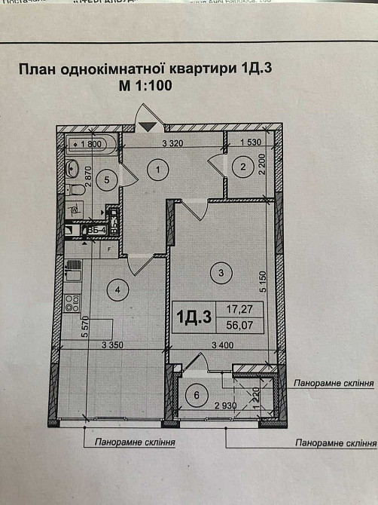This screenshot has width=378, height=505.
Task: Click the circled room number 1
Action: [x=157, y=170]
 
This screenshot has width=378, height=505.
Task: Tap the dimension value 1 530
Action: [x=251, y=142]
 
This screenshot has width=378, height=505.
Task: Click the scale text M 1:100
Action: [x=146, y=85]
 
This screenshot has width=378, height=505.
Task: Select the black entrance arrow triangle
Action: [x=148, y=127]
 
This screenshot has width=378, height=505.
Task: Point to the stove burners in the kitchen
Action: [x=73, y=303]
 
